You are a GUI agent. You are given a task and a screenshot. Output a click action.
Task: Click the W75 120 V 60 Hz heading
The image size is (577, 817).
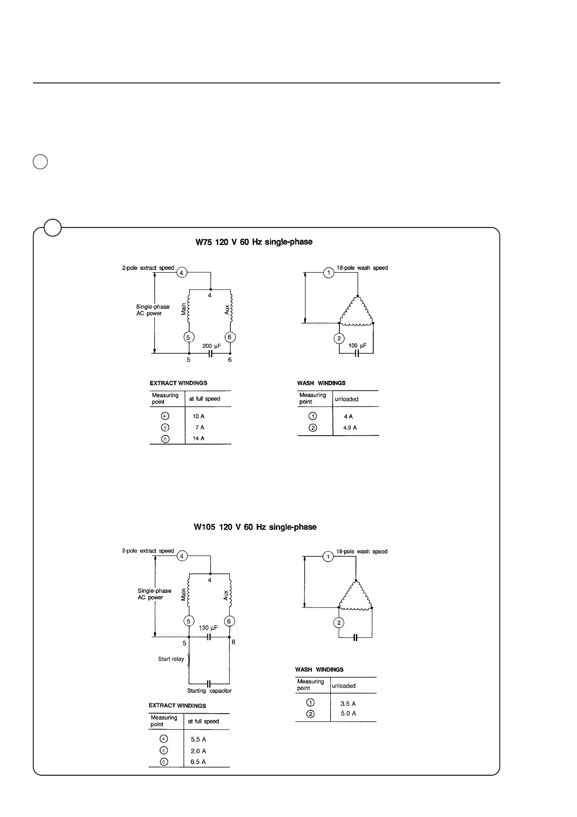click(x=254, y=242)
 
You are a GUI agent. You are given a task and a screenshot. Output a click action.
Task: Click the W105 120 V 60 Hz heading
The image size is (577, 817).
click(x=255, y=527)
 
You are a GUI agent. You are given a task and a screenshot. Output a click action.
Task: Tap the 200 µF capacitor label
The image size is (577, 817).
click(x=211, y=346)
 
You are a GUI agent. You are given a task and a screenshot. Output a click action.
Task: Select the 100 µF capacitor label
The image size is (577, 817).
click(x=357, y=345)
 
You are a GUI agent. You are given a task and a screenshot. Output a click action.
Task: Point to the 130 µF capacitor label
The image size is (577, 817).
click(x=208, y=628)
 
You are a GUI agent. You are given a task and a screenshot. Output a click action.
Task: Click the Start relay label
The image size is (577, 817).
click(x=171, y=659)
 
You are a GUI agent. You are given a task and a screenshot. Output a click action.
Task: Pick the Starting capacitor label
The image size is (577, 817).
click(x=209, y=690)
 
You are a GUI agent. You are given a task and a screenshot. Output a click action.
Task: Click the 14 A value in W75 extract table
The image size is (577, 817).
click(x=198, y=438)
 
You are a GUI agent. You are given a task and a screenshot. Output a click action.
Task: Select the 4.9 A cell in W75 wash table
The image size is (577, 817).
click(x=350, y=428)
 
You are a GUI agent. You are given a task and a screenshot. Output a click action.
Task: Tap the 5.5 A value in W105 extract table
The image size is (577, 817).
click(x=198, y=740)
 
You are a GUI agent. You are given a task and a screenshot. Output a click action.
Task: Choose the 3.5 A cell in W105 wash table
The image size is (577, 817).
click(x=348, y=703)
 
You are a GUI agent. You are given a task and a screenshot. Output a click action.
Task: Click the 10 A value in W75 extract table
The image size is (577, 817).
click(x=198, y=416)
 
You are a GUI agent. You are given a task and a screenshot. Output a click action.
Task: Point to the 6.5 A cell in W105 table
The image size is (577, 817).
click(x=198, y=762)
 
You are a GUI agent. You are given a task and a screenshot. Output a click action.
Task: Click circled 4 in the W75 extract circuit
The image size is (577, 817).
click(x=181, y=273)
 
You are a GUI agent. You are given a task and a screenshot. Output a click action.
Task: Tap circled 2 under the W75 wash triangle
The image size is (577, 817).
click(x=339, y=338)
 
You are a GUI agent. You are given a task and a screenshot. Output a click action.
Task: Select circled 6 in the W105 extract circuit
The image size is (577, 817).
click(x=229, y=621)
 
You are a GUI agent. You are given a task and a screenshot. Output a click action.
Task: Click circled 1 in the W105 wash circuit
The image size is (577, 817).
click(x=328, y=556)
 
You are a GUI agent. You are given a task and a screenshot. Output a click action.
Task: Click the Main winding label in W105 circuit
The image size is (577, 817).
click(x=183, y=595)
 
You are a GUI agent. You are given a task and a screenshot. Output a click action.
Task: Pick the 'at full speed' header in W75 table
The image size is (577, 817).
click(x=204, y=399)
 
